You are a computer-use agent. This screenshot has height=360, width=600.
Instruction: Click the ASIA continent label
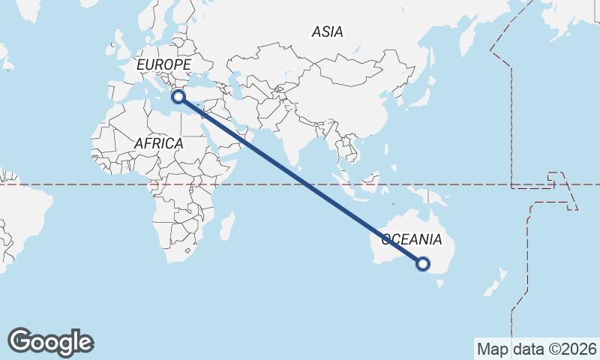click(x=327, y=31)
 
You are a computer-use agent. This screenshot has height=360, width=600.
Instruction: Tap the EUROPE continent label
click(x=163, y=64)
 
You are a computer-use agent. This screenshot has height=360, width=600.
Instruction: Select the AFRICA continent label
click(x=158, y=142)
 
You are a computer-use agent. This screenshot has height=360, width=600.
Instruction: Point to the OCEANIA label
click(x=412, y=240)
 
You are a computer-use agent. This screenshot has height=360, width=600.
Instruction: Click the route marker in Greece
click(x=178, y=96)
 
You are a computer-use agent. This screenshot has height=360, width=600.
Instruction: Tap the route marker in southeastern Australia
click(x=423, y=263)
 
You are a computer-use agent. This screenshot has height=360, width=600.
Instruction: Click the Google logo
click(x=50, y=341)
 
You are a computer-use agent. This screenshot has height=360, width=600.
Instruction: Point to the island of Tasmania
click(x=440, y=284)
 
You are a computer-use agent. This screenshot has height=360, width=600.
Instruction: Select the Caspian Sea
click(x=236, y=82)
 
